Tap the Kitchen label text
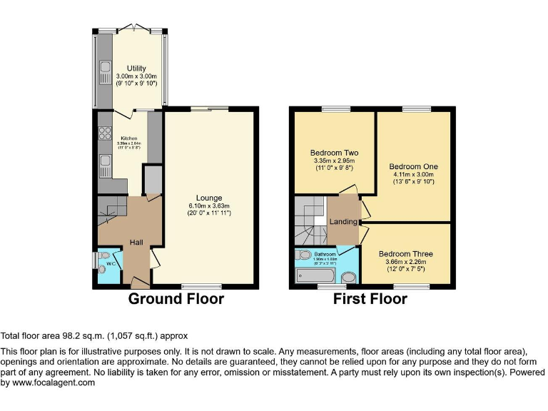click(129, 138)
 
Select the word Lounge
click(210, 198)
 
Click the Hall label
click(137, 243)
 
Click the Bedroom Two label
click(334, 153)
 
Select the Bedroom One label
click(414, 166)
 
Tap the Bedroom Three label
click(405, 254)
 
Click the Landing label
click(342, 222)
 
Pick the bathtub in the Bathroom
click(315, 275)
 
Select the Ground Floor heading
click(176, 299)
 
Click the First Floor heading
click(370, 299)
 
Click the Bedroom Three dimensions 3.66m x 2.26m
click(405, 262)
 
